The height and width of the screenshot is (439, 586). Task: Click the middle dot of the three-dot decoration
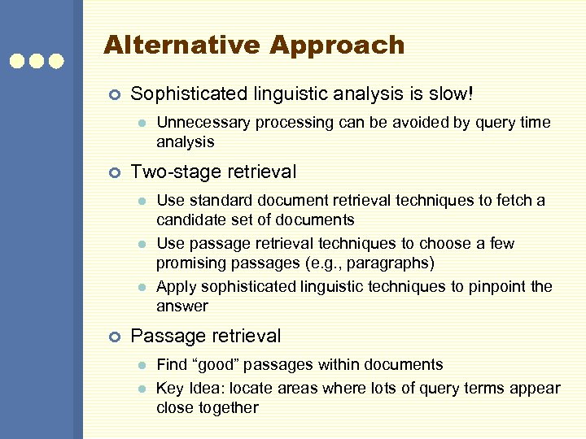[x=37, y=61]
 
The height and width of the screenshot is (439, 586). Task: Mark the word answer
[x=182, y=306]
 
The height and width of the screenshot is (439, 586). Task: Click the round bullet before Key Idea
[x=141, y=389]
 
